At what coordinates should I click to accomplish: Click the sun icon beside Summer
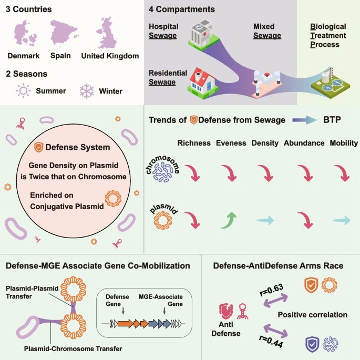pyautogui.click(x=24, y=91)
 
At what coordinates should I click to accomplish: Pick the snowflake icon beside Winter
pyautogui.click(x=86, y=91)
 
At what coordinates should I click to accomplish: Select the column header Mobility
pyautogui.click(x=344, y=143)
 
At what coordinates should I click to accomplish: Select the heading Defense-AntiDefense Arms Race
pyautogui.click(x=279, y=266)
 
